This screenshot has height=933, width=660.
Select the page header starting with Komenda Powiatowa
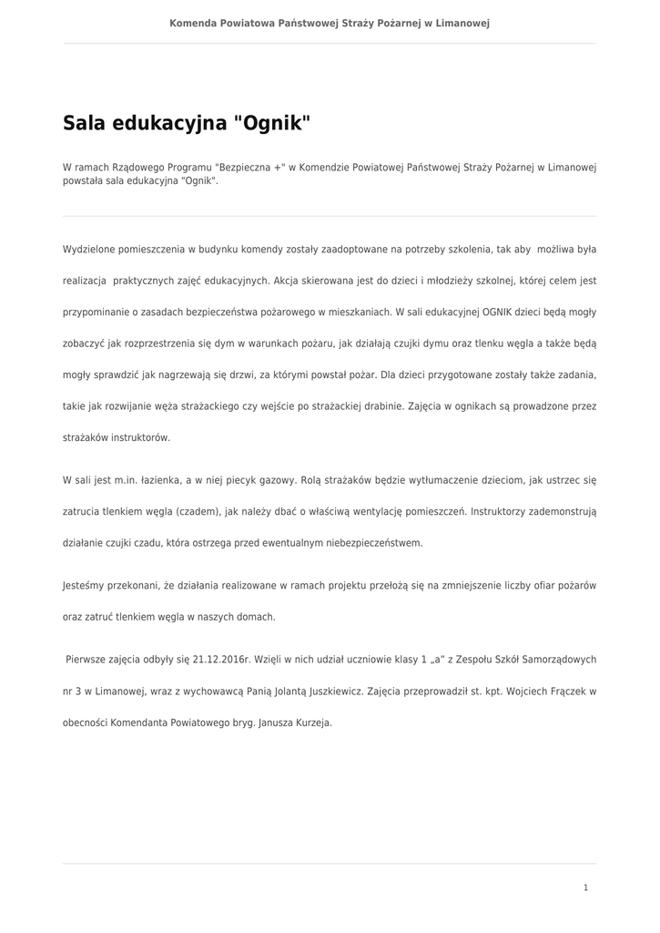tap(330, 23)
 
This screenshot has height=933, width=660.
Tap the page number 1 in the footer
tap(585, 887)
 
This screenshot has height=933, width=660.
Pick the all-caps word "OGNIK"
tap(497, 312)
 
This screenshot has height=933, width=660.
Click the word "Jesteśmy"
tap(85, 585)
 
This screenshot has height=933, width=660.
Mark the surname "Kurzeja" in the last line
tap(312, 723)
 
